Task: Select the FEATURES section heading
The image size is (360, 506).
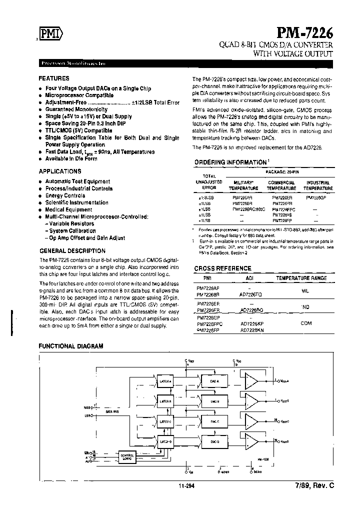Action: pyautogui.click(x=54, y=78)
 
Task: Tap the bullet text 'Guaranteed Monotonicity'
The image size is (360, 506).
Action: pyautogui.click(x=76, y=109)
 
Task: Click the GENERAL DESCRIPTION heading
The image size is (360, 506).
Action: pyautogui.click(x=72, y=251)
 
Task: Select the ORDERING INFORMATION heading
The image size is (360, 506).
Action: pyautogui.click(x=230, y=162)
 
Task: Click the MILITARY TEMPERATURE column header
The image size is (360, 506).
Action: pyautogui.click(x=243, y=185)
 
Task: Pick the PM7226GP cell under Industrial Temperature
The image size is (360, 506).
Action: pyautogui.click(x=316, y=197)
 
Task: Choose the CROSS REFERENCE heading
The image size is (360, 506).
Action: pyautogui.click(x=222, y=268)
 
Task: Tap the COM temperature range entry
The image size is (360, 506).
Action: pyautogui.click(x=306, y=323)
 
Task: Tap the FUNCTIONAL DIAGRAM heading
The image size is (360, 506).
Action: pyautogui.click(x=71, y=346)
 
